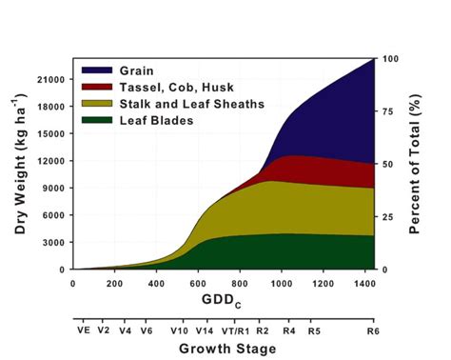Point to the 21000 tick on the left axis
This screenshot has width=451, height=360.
[x=51, y=79]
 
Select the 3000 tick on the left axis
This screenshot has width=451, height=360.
[x=54, y=243]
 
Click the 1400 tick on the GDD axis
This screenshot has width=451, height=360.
[x=364, y=283]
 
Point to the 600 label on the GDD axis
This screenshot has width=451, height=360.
[x=198, y=283]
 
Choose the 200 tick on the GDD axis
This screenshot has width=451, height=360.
[x=115, y=283]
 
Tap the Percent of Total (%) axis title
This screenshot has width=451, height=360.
[x=416, y=164]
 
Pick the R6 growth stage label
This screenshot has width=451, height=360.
[x=371, y=330]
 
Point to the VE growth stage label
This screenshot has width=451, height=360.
[x=83, y=330]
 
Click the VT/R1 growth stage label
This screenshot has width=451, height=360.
[x=233, y=330]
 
